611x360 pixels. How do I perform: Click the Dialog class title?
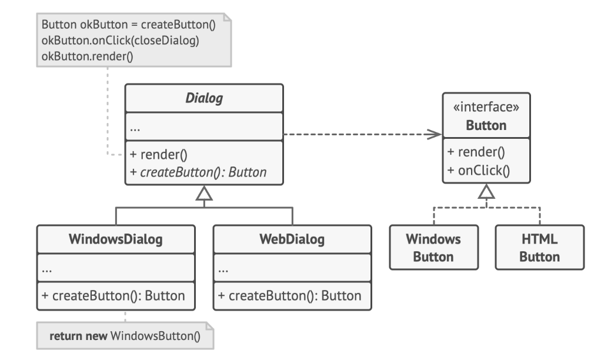click(x=203, y=98)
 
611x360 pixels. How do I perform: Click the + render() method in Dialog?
click(x=158, y=155)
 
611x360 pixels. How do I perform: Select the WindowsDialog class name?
click(x=115, y=239)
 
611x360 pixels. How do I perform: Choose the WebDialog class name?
click(x=292, y=239)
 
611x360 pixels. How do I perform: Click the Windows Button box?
click(x=433, y=248)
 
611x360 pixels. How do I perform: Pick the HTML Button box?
click(x=540, y=248)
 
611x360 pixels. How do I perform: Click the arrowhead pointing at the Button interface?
click(x=435, y=135)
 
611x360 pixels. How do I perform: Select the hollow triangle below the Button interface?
click(x=486, y=192)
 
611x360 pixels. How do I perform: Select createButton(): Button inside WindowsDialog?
click(x=115, y=296)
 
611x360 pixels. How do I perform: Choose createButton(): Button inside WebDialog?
click(x=292, y=296)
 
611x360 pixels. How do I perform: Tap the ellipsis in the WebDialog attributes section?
click(x=224, y=270)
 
